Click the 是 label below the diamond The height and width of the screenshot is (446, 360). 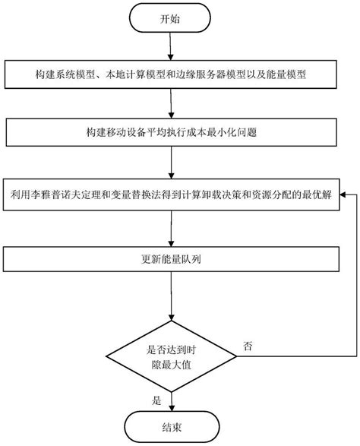(157, 399)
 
